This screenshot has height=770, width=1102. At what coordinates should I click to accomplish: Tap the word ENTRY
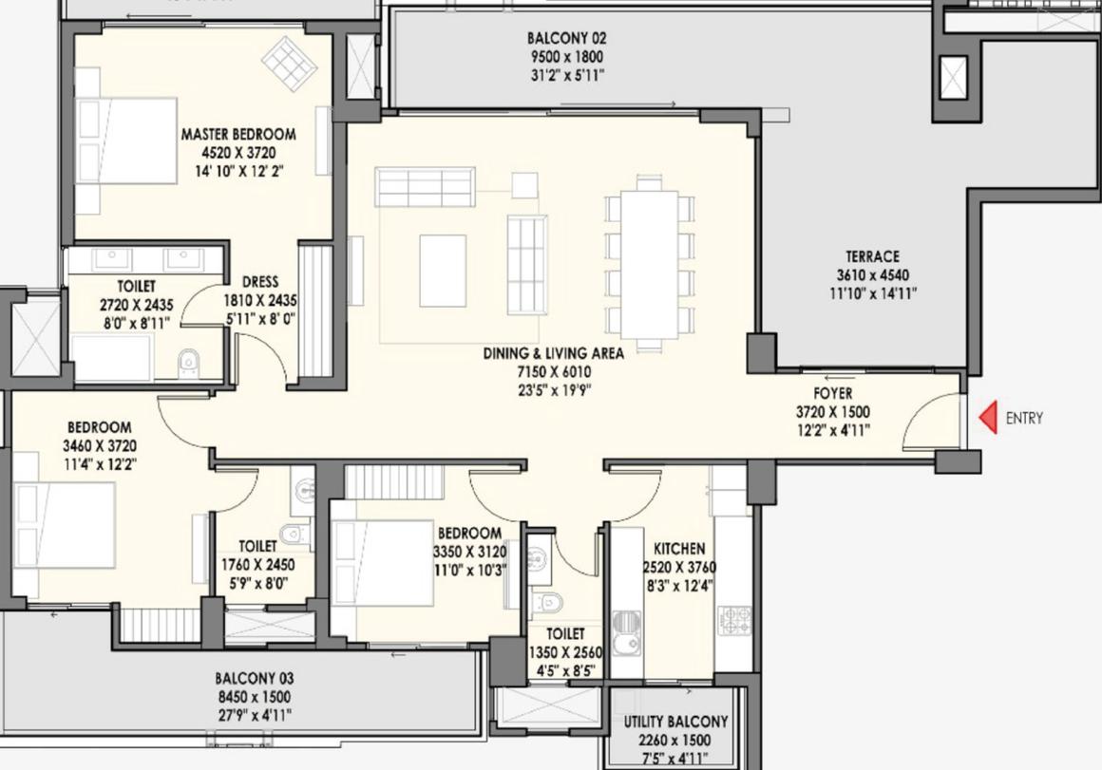(x=1024, y=418)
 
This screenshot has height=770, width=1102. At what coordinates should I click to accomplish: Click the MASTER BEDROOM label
(x=238, y=134)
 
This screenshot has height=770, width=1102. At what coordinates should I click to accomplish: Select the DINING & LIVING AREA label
(x=553, y=353)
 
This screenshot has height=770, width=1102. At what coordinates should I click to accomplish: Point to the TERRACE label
(x=872, y=256)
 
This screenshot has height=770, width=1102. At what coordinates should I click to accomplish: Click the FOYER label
(x=833, y=393)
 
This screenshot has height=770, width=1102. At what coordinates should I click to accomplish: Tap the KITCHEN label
(x=679, y=549)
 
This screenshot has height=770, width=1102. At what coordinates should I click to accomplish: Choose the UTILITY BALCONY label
(x=675, y=722)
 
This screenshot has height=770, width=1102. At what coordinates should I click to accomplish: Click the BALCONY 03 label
(x=255, y=679)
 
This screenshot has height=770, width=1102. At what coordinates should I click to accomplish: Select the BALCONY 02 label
(x=566, y=38)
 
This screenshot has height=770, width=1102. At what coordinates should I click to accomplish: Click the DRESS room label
(x=260, y=282)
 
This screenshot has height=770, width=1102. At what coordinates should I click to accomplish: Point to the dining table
(x=650, y=264)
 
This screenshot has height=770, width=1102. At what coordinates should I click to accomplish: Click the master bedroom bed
(x=126, y=141)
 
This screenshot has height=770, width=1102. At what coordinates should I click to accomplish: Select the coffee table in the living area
(x=443, y=271)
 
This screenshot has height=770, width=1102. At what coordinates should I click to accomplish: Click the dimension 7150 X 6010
(x=554, y=372)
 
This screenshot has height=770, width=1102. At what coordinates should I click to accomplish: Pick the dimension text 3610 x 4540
(x=872, y=275)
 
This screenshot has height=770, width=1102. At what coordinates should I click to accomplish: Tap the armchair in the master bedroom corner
(x=289, y=63)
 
